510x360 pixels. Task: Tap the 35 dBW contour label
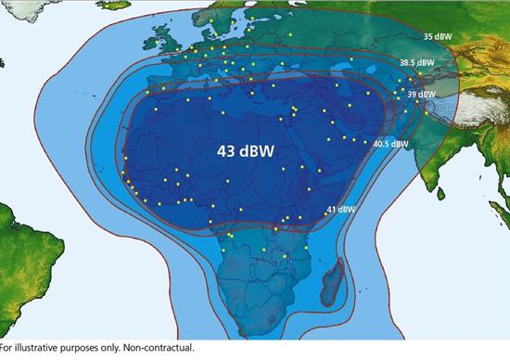click(438, 36)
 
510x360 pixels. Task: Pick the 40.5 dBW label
click(390, 144)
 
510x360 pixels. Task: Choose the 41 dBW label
click(341, 211)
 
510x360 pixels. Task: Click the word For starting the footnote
click(8, 349)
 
